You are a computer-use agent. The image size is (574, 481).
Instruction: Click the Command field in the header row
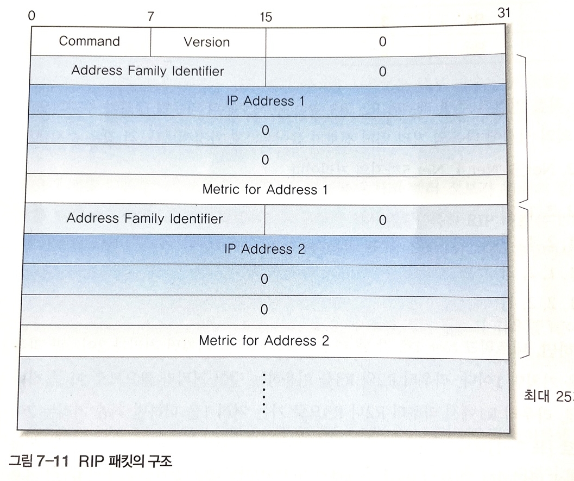[89, 41]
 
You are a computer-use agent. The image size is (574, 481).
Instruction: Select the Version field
[206, 42]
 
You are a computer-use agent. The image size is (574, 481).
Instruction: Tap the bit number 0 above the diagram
[31, 15]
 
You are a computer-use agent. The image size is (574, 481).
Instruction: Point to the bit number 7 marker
[150, 17]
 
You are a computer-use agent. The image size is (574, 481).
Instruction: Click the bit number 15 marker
[266, 17]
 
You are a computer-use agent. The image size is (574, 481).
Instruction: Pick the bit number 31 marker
[504, 13]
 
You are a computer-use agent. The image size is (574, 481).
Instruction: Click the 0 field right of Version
[382, 42]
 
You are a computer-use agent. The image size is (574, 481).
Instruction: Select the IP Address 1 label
[266, 101]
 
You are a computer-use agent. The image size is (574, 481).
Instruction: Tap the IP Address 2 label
[264, 249]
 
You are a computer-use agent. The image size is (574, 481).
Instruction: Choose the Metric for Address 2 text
[264, 341]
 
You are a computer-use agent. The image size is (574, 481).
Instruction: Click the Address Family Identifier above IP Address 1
[148, 71]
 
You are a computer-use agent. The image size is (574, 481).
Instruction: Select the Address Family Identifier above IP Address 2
[144, 218]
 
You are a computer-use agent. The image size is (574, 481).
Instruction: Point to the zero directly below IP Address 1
[265, 131]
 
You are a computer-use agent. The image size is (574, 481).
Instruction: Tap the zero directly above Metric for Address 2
[264, 309]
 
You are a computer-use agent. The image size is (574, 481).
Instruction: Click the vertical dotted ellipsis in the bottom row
[264, 392]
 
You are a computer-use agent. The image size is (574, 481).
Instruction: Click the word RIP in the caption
[91, 463]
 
